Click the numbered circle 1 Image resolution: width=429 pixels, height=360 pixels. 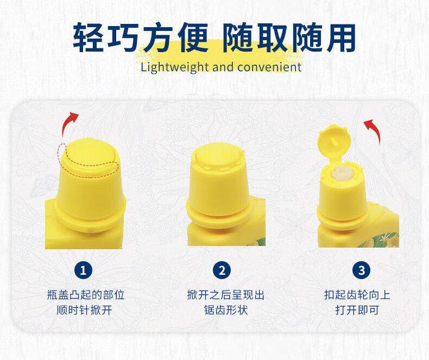[x=83, y=270]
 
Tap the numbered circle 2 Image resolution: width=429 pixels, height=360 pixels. [x=222, y=270]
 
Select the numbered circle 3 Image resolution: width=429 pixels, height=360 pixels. [x=361, y=270]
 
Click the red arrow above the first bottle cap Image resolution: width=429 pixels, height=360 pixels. [x=70, y=122]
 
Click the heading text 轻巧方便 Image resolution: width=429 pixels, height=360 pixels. [x=141, y=37]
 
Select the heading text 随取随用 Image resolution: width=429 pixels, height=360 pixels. [x=289, y=37]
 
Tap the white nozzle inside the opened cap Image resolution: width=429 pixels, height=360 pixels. [x=342, y=173]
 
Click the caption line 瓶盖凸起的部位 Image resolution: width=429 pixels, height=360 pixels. [x=86, y=295]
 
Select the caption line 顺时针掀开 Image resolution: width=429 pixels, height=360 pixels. [x=86, y=311]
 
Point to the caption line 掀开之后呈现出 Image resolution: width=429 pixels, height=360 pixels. [x=225, y=295]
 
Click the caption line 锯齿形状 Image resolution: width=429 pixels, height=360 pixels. [x=225, y=311]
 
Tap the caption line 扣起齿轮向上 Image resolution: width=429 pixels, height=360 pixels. [x=357, y=295]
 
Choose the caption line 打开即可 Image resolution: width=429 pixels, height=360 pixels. [x=357, y=311]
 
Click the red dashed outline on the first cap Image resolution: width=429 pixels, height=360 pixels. [x=90, y=166]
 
